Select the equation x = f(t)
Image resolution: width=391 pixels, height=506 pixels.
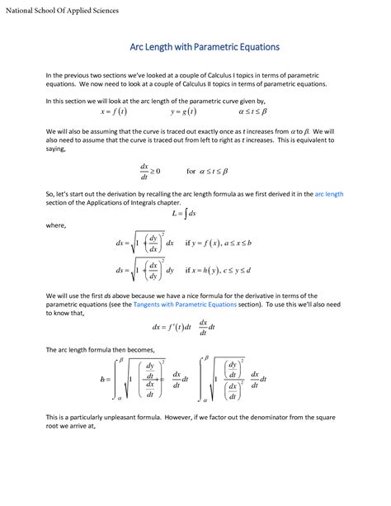coord(114,111)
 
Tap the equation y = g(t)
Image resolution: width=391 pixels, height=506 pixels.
coord(183,111)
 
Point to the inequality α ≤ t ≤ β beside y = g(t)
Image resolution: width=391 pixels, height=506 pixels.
coord(252,111)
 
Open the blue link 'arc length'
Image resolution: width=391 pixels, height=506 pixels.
coord(328,194)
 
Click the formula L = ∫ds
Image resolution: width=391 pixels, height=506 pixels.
coord(184,213)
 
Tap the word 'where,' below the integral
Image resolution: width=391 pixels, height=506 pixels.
coord(55,224)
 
